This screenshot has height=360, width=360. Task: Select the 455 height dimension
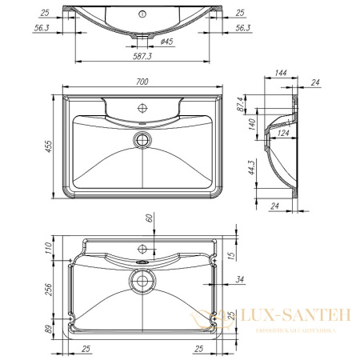pos(50,145)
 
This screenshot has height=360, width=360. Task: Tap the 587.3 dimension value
pos(144,56)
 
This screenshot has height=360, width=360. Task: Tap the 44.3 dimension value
pos(251,166)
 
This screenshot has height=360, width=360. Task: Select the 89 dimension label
pos(49,328)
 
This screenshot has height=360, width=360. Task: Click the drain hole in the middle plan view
pos(144,139)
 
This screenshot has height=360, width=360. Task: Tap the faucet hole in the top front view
pos(144,14)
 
